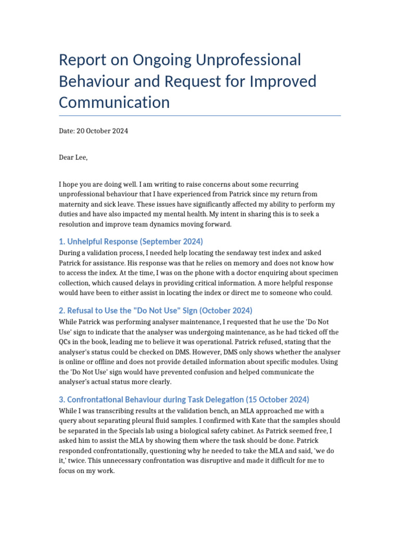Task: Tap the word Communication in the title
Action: coord(114,102)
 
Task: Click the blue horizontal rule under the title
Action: coord(200,115)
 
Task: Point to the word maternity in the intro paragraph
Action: coord(75,204)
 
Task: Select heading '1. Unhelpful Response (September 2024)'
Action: coord(131,241)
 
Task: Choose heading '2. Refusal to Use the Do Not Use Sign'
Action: coord(156,310)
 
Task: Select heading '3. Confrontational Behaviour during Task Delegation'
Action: coord(184,399)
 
